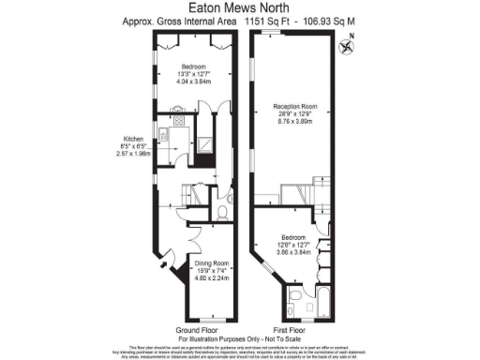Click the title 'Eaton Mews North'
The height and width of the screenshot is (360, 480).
click(x=239, y=7)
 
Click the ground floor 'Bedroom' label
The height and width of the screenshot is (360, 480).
click(x=192, y=67)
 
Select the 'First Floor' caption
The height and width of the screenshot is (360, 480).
click(x=292, y=330)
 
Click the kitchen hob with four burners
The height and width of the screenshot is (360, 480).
click(x=177, y=119)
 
